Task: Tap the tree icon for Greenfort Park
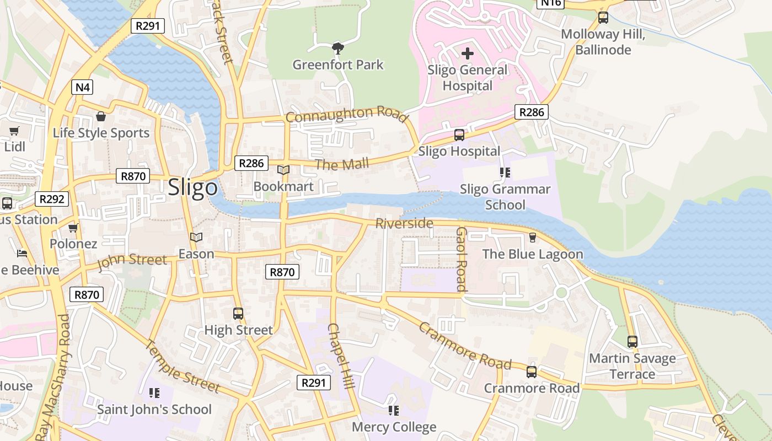click(x=338, y=49)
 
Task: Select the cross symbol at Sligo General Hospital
click(x=468, y=53)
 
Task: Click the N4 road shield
click(x=82, y=87)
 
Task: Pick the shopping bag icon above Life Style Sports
click(x=101, y=116)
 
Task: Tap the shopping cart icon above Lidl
click(x=14, y=131)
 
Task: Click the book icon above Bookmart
click(x=283, y=170)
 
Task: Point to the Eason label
click(x=196, y=254)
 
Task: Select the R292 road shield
click(x=52, y=199)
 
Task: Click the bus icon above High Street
click(x=238, y=314)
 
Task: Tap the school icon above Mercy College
click(x=394, y=411)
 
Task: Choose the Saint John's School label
click(x=154, y=409)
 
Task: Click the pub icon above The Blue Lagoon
click(x=533, y=238)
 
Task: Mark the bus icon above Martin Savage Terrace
click(x=632, y=342)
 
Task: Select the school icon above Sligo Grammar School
click(x=505, y=173)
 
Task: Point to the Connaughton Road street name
click(x=346, y=114)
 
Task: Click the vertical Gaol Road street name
click(x=462, y=259)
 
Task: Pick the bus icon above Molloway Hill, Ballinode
click(x=603, y=18)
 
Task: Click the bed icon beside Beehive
click(x=22, y=254)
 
